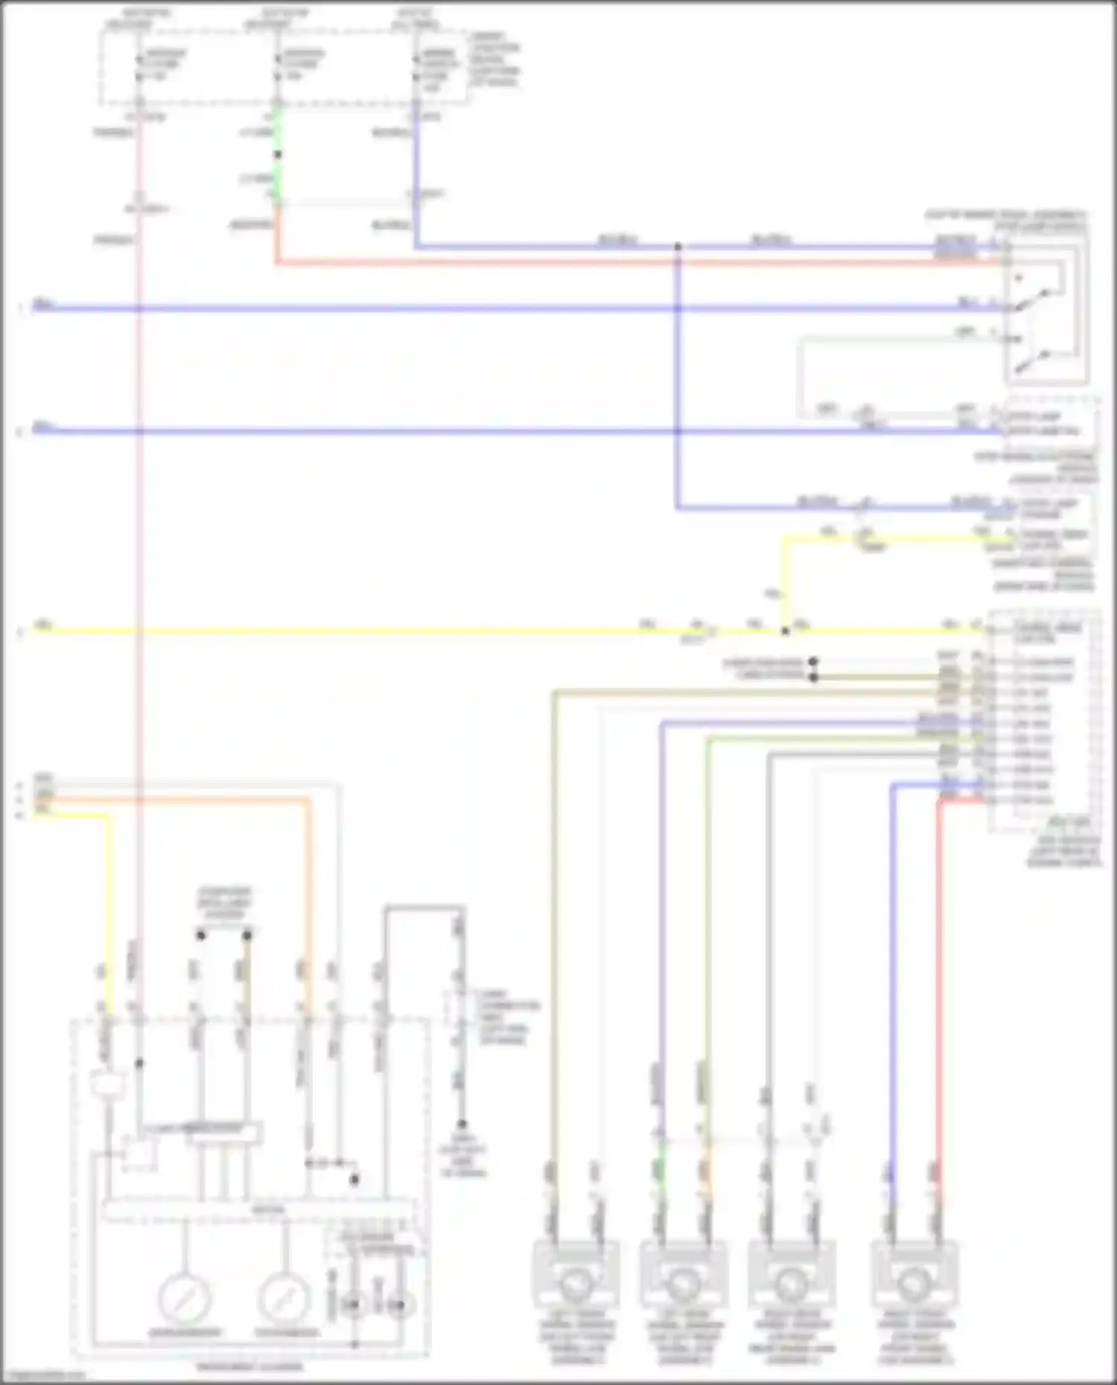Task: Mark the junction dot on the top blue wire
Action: [x=678, y=246]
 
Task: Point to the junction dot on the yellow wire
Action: [x=785, y=631]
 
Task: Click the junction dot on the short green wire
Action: [x=278, y=155]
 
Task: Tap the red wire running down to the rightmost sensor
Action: [x=940, y=967]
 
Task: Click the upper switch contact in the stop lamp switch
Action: [x=1031, y=298]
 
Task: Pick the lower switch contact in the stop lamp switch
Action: [x=1031, y=362]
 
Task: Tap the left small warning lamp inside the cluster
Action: [x=353, y=1305]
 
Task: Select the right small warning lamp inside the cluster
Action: [x=400, y=1305]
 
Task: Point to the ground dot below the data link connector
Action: [x=462, y=1125]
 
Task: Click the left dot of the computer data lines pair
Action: [x=201, y=935]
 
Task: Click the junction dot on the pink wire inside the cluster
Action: [x=139, y=1063]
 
